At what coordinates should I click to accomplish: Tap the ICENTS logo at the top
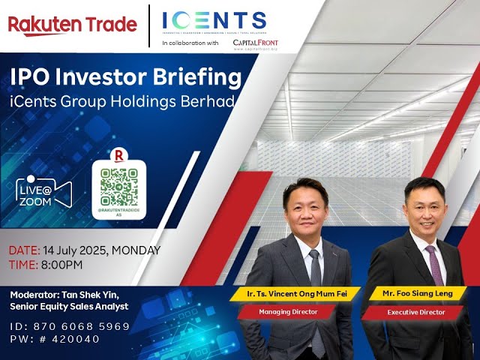[x=214, y=20]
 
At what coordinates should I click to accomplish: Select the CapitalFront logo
[x=256, y=44]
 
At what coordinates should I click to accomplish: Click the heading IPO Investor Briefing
[x=124, y=77]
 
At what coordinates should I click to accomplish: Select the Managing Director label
[x=298, y=310]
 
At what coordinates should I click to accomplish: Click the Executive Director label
[x=416, y=310]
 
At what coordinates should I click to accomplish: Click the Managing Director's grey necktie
[x=316, y=266]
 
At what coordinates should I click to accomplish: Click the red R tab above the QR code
[x=119, y=155]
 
